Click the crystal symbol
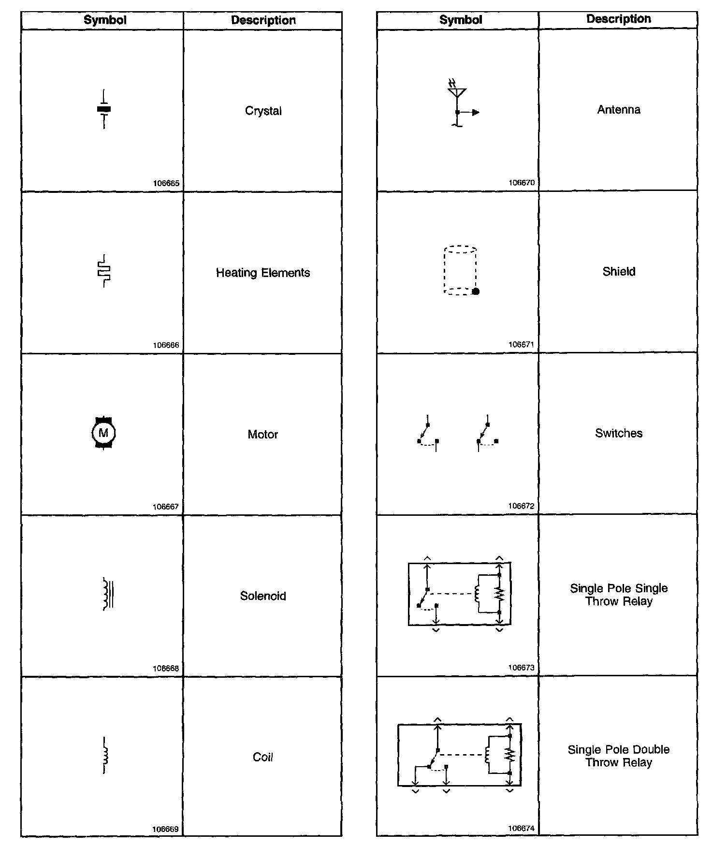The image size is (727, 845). [x=104, y=109]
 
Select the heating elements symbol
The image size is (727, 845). [x=104, y=271]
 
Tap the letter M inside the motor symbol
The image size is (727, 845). [x=103, y=433]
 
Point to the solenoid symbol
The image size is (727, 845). [x=108, y=594]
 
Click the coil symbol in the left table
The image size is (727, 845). [x=105, y=756]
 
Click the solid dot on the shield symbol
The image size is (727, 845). [x=476, y=291]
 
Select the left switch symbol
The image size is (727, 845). [x=428, y=434]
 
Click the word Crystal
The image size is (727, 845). [x=263, y=111]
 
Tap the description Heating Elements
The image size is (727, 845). [x=262, y=273]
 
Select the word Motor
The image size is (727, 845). [x=262, y=434]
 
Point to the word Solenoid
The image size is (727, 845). [x=263, y=596]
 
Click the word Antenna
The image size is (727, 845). [x=618, y=110]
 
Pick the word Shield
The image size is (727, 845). [x=618, y=271]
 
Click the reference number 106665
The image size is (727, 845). [x=166, y=183]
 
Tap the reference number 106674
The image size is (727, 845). [x=521, y=828]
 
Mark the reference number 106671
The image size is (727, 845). [x=521, y=344]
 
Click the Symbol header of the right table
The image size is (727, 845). [x=460, y=20]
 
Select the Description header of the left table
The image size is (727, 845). [x=263, y=20]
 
